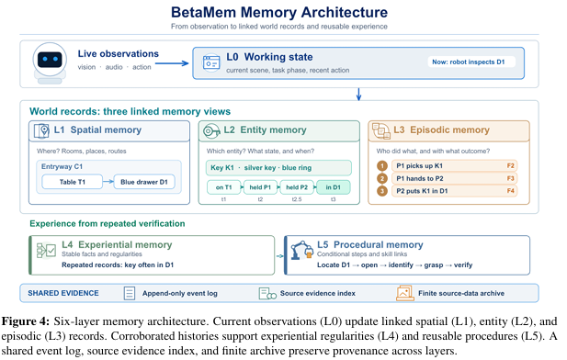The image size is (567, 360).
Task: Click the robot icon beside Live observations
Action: pos(50,62)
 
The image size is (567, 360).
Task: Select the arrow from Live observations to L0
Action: pos(172,63)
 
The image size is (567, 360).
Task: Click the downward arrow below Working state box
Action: pos(358,94)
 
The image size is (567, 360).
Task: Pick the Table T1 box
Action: pos(72,182)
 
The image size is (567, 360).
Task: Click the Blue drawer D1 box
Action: pos(144,182)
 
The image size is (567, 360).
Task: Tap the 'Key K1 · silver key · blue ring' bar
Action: pos(278,168)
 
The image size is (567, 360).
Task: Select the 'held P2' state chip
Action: pos(297,187)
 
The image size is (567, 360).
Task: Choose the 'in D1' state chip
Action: pos(333,187)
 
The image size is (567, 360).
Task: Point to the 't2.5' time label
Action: pos(297,199)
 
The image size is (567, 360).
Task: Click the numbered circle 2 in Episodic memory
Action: pos(382,178)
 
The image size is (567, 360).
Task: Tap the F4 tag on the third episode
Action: pos(510,191)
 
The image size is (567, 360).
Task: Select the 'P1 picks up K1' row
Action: pos(454,166)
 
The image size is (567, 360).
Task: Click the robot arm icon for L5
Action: pos(301,250)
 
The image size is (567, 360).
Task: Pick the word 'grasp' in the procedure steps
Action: pos(433,264)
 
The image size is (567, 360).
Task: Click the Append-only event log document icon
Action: pos(130,293)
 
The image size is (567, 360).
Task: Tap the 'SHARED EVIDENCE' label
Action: pos(63,293)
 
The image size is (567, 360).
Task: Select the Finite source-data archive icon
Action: pos(404,293)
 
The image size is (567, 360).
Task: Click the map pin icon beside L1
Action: pos(41,130)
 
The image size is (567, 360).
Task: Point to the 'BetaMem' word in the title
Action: pos(203,12)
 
